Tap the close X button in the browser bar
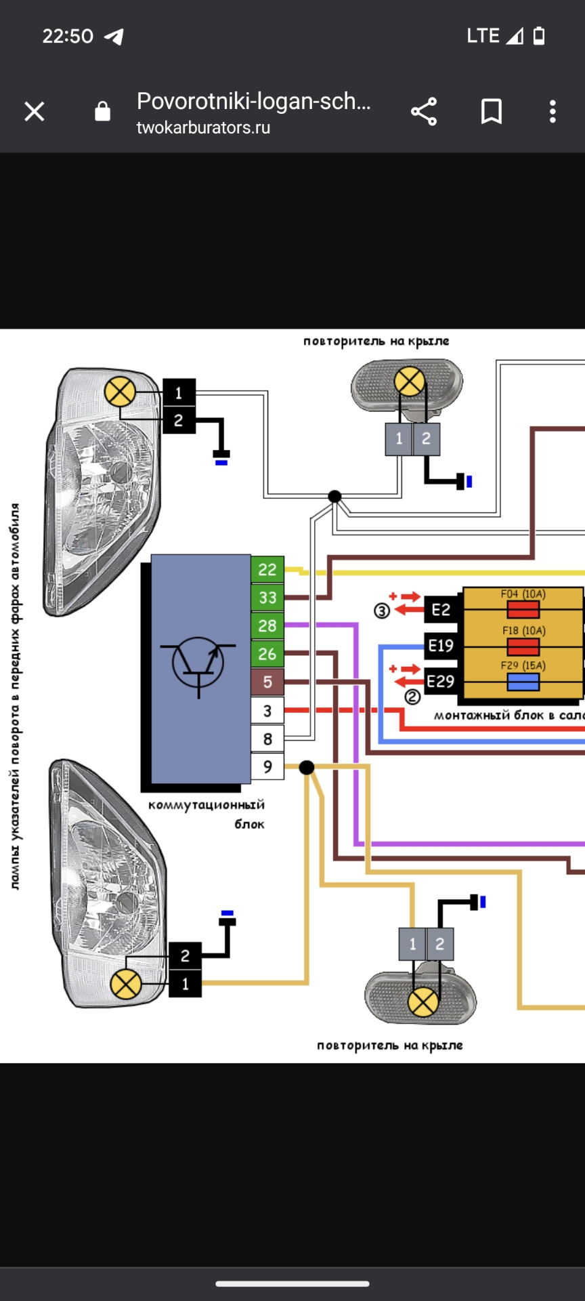pyautogui.click(x=35, y=112)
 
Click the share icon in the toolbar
pyautogui.click(x=424, y=112)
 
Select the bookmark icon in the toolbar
pyautogui.click(x=492, y=112)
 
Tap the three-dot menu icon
pyautogui.click(x=552, y=112)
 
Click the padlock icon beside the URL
pyautogui.click(x=102, y=111)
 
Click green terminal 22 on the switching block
pyautogui.click(x=267, y=570)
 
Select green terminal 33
pyautogui.click(x=267, y=598)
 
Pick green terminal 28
pyautogui.click(x=267, y=625)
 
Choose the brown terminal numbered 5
pyautogui.click(x=267, y=682)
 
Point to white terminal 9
pyautogui.click(x=267, y=766)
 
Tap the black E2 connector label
pyautogui.click(x=441, y=610)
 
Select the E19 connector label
pyautogui.click(x=441, y=646)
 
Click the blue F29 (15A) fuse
pyautogui.click(x=523, y=682)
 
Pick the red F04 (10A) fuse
pyautogui.click(x=523, y=610)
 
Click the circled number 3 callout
pyautogui.click(x=382, y=611)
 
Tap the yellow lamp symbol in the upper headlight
pyautogui.click(x=120, y=392)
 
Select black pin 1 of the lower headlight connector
pyautogui.click(x=186, y=984)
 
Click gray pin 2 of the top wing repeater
pyautogui.click(x=426, y=439)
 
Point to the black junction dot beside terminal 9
pyautogui.click(x=307, y=767)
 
